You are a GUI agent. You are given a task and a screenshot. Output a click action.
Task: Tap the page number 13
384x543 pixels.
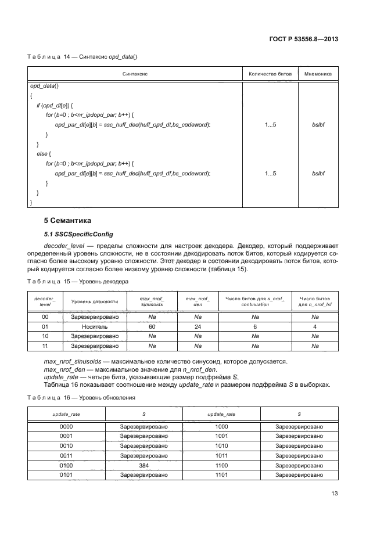point(335,494)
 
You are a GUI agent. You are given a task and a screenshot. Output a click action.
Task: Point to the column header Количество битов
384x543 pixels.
point(270,75)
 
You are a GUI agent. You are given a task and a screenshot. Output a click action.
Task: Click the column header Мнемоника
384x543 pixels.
point(318,75)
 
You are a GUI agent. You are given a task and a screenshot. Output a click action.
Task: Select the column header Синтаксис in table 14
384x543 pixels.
point(135,75)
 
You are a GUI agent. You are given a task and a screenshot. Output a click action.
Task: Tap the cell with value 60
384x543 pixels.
point(152,327)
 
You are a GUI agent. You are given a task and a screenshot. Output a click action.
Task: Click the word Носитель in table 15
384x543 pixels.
point(95,327)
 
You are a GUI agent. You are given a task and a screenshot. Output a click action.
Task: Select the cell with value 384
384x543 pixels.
point(144,466)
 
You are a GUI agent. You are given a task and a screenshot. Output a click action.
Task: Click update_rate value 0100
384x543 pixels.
point(66,466)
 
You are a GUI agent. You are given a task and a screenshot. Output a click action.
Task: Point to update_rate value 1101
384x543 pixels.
point(221,475)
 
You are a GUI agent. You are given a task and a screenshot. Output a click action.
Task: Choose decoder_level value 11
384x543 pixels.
point(45,346)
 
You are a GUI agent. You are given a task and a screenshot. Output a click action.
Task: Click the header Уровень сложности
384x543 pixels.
point(95,301)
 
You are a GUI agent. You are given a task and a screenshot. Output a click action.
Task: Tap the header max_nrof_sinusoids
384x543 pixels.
point(152,301)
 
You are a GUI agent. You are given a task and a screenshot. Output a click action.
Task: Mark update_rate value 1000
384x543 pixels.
point(221,426)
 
